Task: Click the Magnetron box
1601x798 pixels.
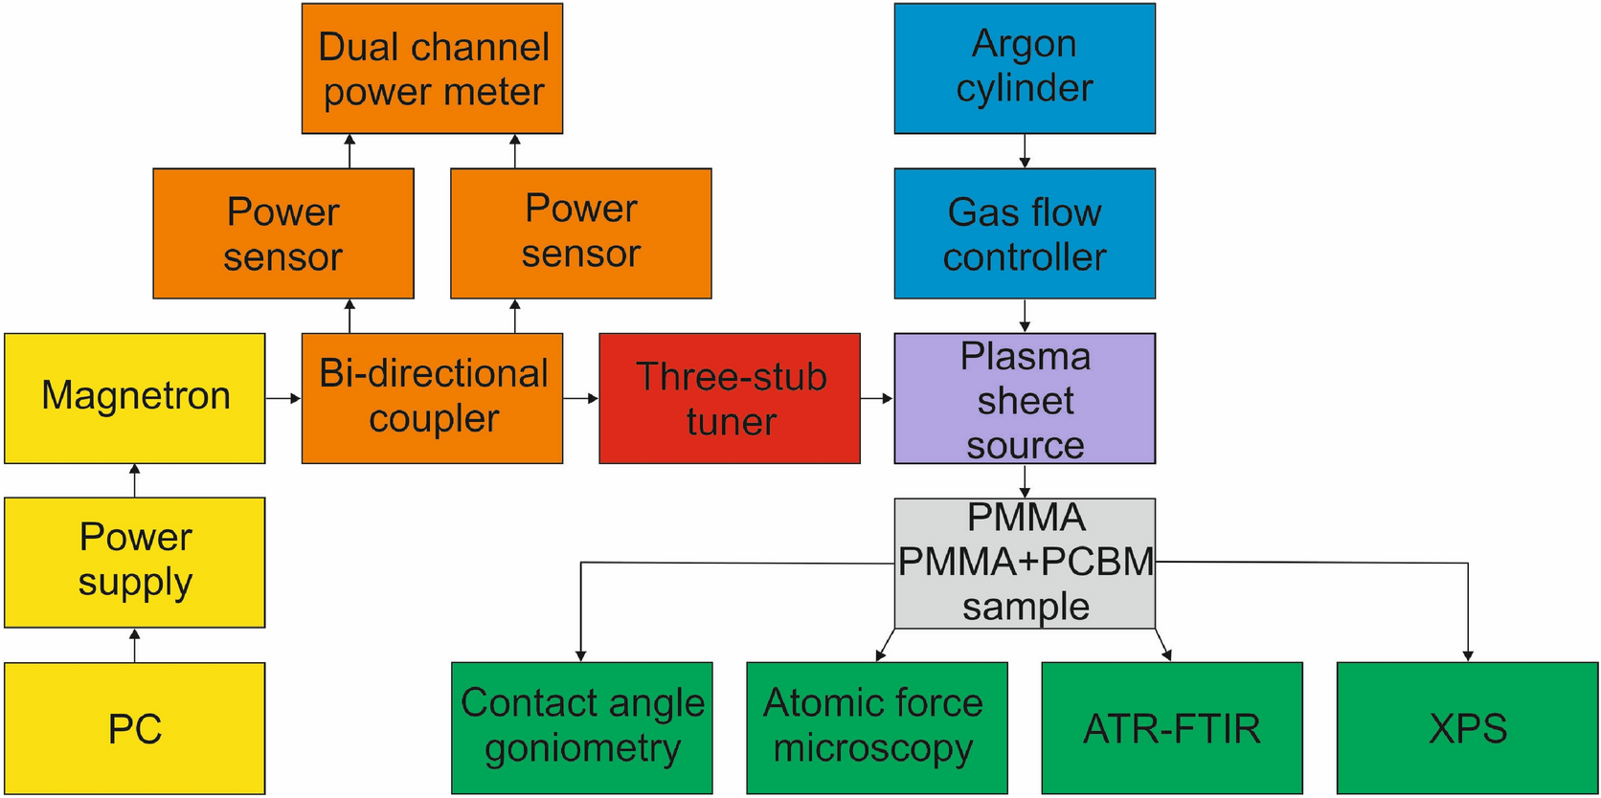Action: [135, 398]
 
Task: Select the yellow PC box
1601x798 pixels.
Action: [135, 728]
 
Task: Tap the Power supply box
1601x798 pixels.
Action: [135, 562]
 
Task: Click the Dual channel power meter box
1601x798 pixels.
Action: [432, 69]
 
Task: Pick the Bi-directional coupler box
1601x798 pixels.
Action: [432, 398]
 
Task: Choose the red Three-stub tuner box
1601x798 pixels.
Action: [730, 398]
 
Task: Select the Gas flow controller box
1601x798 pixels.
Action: [1025, 233]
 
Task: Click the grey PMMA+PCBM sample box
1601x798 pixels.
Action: [1025, 563]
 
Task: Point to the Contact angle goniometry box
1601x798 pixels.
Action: [582, 727]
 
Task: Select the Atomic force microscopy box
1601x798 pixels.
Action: [876, 727]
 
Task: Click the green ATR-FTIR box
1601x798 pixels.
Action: [1172, 727]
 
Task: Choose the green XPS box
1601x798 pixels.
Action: [1467, 727]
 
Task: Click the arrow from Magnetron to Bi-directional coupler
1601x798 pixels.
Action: [283, 398]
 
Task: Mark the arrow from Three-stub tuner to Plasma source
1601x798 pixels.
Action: [877, 398]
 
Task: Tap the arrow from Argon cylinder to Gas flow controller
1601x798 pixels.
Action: [1025, 151]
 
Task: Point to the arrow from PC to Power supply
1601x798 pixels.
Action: [135, 645]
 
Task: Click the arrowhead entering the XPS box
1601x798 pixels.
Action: [1468, 655]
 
